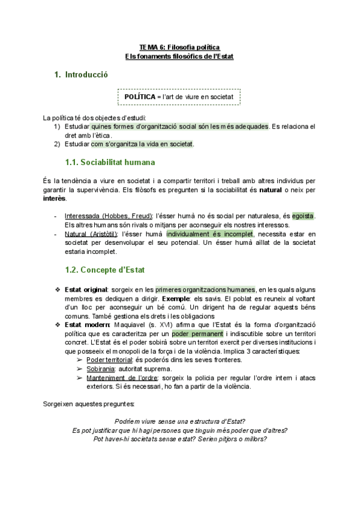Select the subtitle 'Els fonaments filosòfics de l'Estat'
[179, 56]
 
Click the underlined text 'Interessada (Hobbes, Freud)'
[109, 215]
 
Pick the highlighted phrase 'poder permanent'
[190, 333]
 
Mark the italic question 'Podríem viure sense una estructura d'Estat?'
[179, 421]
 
